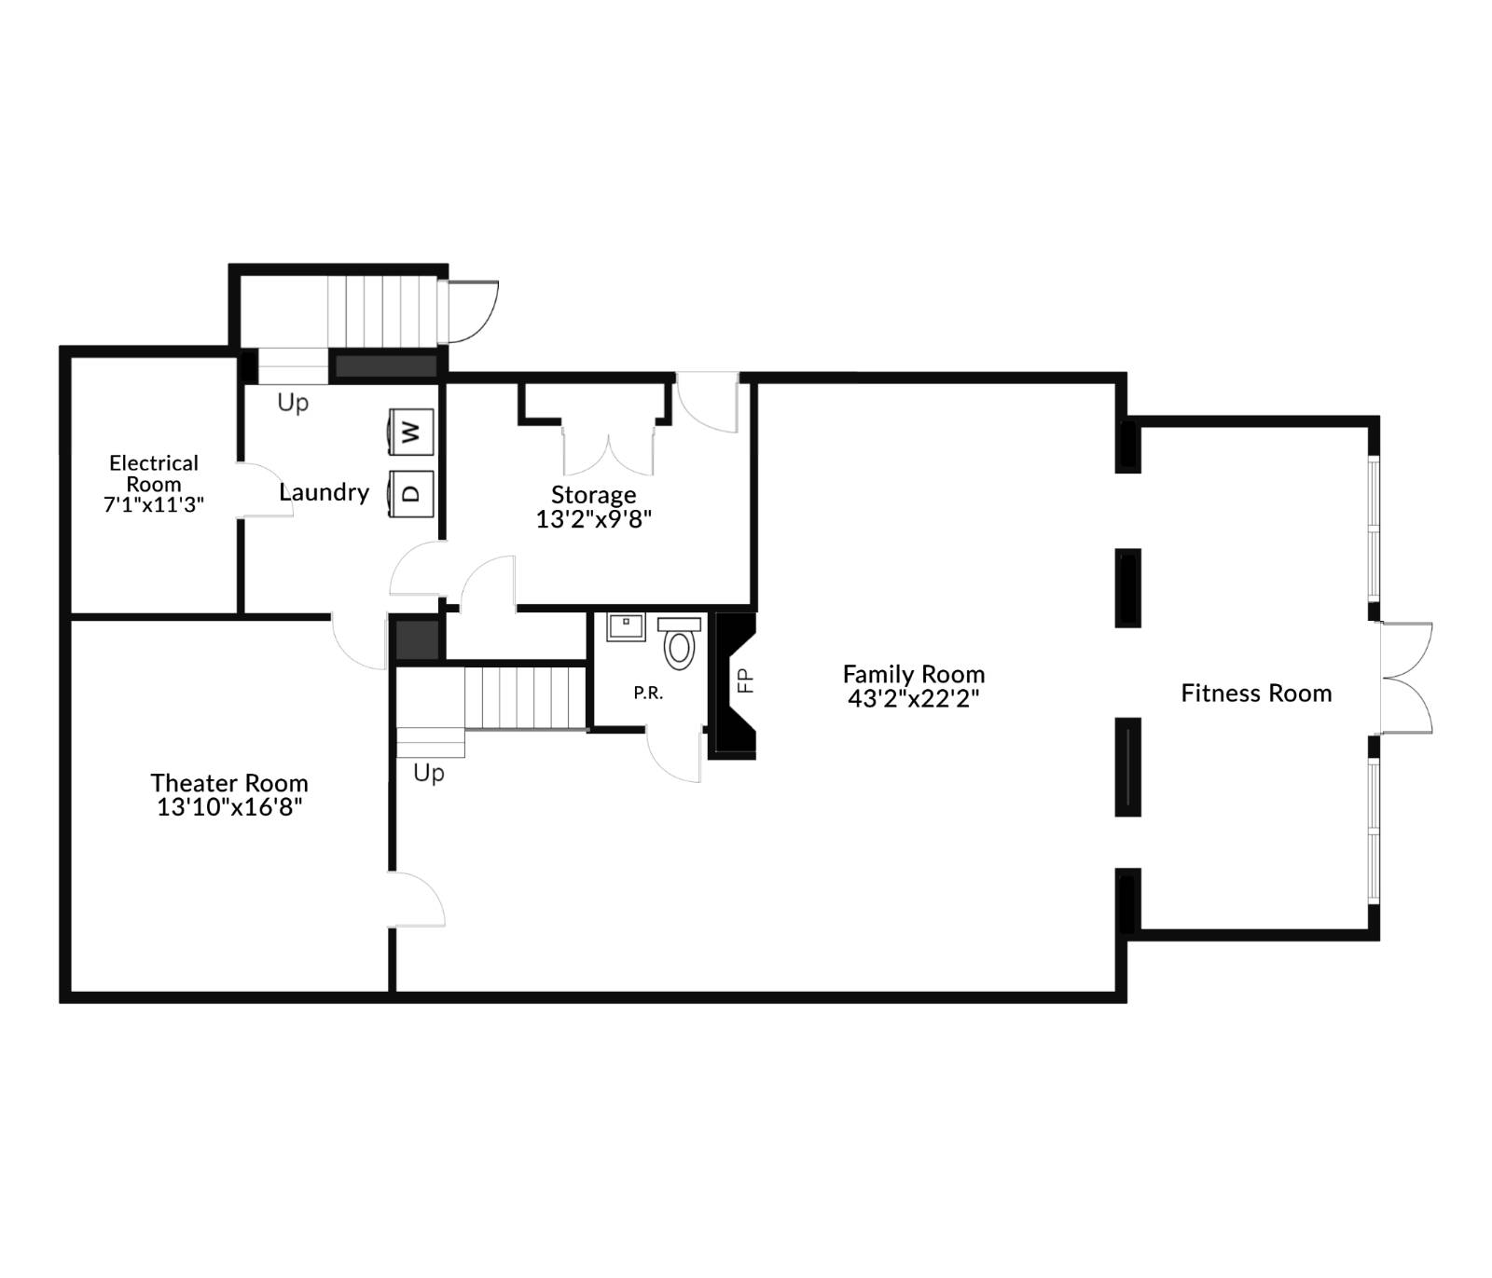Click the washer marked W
[410, 432]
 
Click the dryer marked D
[410, 491]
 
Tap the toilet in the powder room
[679, 642]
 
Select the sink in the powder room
[626, 625]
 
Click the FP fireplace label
[744, 680]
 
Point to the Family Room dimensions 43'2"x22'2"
[913, 698]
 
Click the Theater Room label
[229, 782]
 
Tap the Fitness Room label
[1256, 693]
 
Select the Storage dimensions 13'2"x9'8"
[593, 519]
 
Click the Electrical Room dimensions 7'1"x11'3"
[154, 504]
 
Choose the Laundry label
[324, 491]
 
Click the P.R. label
[648, 693]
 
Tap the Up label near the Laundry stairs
[293, 402]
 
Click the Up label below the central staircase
[429, 773]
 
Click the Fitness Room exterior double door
[1406, 678]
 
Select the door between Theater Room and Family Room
[416, 900]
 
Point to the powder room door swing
[673, 755]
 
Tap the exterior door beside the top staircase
[472, 310]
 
